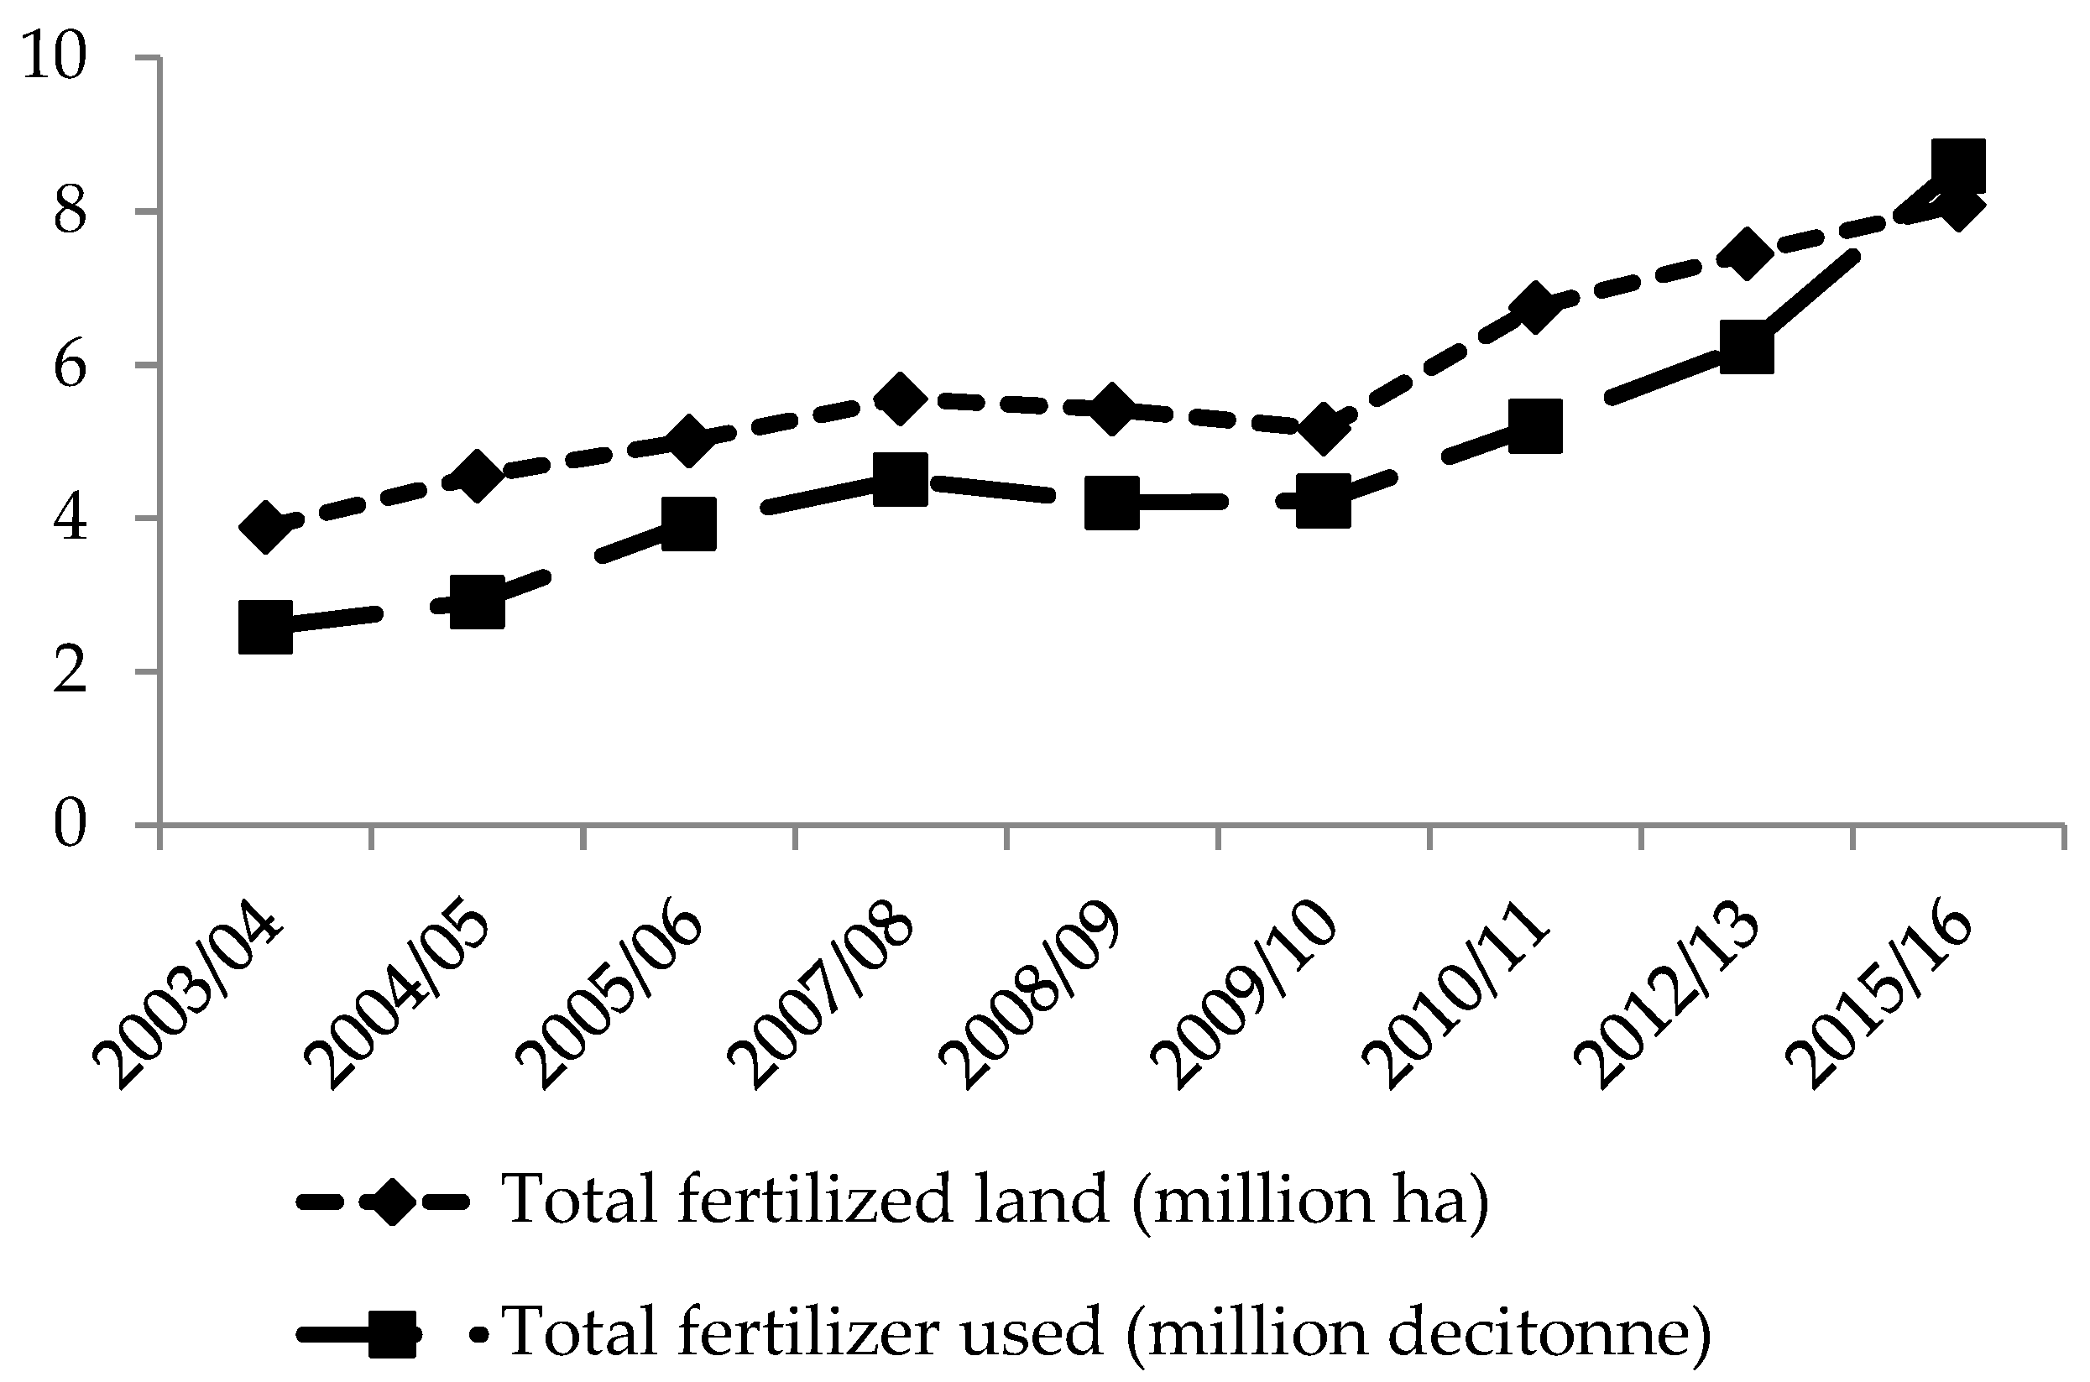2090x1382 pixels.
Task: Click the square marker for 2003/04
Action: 265,627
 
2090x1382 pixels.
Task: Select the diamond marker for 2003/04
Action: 265,527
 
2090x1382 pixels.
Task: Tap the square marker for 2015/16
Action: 1957,164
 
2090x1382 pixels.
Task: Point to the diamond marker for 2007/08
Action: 900,399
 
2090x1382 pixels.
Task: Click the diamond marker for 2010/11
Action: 1534,309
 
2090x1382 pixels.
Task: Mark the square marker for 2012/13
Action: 1746,348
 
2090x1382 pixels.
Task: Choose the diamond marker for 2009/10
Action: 1323,427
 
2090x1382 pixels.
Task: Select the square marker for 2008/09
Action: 1111,503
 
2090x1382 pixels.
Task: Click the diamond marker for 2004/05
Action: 477,477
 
